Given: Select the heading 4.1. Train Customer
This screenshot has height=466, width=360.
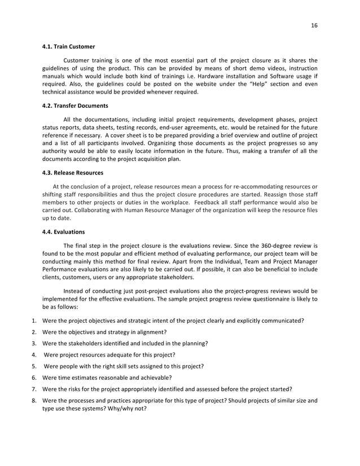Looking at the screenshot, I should pyautogui.click(x=69, y=46).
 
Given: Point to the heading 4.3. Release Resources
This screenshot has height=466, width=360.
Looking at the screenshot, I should pyautogui.click(x=73, y=173).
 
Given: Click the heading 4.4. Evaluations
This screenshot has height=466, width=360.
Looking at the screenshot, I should pyautogui.click(x=64, y=231).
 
